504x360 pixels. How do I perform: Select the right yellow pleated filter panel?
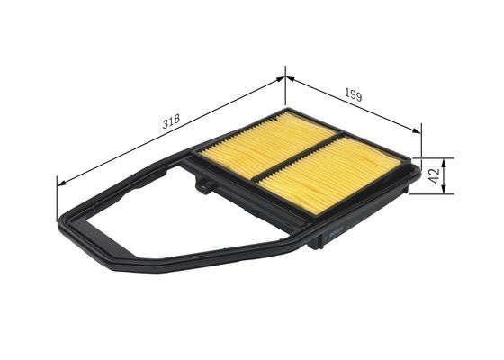tap(328, 175)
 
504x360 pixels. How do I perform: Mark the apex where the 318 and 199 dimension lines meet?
tap(285, 78)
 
